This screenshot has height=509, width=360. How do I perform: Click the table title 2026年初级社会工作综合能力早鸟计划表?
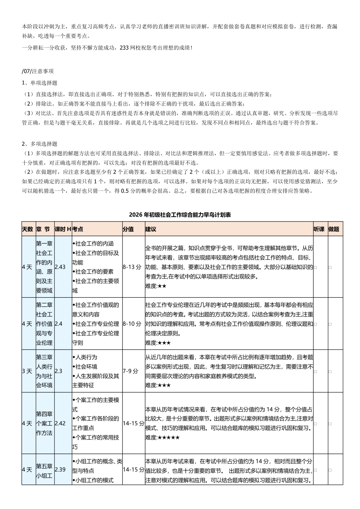coord(180,215)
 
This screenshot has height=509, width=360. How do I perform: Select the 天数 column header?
coord(28,229)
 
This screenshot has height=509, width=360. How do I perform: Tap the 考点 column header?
coord(78,229)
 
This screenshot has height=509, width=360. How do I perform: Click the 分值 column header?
coord(128,229)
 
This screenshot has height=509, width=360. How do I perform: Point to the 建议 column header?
coord(151,229)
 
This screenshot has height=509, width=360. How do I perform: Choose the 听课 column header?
coord(319,229)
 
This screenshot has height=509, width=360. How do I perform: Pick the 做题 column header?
coord(334,229)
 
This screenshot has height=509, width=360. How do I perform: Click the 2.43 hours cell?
coord(60,267)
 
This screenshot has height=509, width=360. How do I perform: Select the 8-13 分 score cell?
coord(132,267)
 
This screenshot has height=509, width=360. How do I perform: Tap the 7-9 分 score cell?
coord(130,371)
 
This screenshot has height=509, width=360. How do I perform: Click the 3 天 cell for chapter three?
coord(27,371)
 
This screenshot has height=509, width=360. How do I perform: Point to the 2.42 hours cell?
coord(60,423)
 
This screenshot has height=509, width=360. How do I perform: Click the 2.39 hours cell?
coord(60,470)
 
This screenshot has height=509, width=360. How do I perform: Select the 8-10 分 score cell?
coord(132,324)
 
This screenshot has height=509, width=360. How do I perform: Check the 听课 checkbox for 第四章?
coord(315,424)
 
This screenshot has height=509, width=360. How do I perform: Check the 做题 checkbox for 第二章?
coord(330,324)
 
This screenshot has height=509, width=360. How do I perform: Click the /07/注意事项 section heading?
coord(38,71)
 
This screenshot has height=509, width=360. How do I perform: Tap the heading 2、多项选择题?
coord(39,144)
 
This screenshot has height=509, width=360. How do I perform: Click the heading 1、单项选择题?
coord(39,83)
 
